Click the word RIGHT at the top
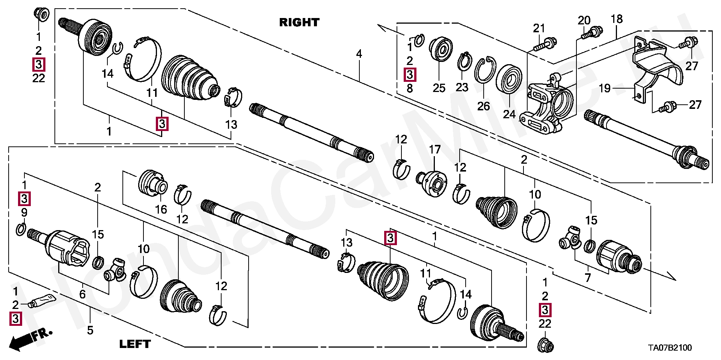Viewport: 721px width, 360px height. (299, 23)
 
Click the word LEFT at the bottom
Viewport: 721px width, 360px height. (135, 344)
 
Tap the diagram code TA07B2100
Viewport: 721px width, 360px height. (670, 348)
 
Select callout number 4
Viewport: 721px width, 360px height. (359, 54)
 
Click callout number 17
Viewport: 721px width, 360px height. (434, 150)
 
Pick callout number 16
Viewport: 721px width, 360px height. (161, 209)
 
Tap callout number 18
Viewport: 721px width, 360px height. (617, 19)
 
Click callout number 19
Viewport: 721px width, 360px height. (604, 88)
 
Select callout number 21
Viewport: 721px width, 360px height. (539, 28)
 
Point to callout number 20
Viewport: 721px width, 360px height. (584, 20)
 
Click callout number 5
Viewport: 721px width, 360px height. (90, 330)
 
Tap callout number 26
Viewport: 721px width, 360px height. (484, 106)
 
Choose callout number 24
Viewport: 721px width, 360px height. (509, 114)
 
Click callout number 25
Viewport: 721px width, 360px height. (439, 88)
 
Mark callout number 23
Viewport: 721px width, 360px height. (462, 87)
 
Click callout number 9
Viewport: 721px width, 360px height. (24, 212)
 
